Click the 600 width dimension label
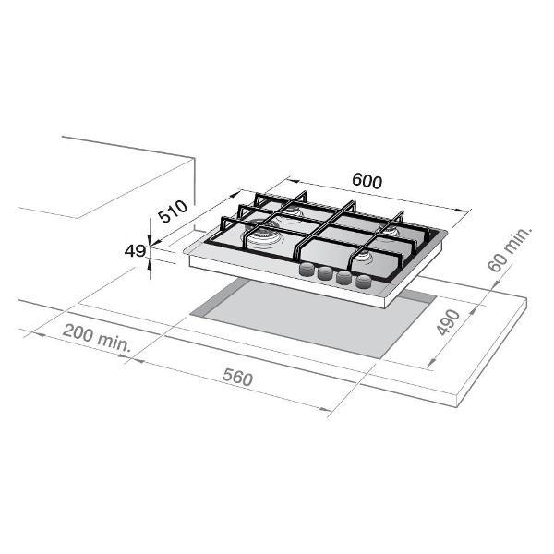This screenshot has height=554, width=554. (367, 181)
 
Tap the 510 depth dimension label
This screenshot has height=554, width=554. (173, 211)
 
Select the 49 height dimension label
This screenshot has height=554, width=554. (135, 251)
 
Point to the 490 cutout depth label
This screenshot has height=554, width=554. (448, 322)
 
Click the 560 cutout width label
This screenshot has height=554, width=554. (238, 378)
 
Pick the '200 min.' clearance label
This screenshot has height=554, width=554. (97, 338)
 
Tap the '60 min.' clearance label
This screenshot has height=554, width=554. (509, 249)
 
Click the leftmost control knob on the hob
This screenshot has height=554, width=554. (307, 270)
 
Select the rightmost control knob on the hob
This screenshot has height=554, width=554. (365, 282)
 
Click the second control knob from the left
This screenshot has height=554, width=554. (325, 273)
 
